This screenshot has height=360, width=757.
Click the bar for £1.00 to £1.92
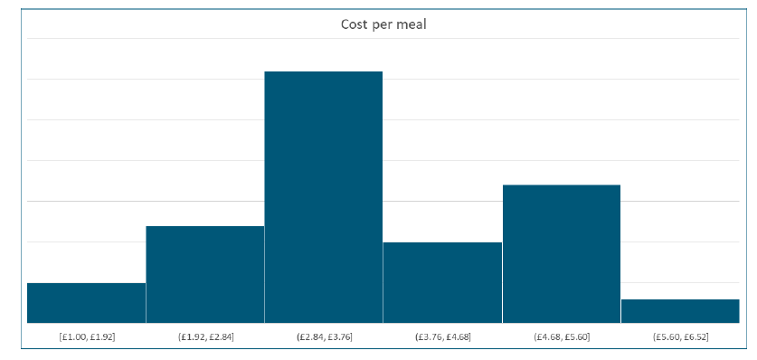86,303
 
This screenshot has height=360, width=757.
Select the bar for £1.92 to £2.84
205,274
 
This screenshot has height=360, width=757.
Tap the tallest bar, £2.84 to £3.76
324,196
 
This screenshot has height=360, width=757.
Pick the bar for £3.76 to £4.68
442,282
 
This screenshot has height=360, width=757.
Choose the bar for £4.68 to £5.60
561,253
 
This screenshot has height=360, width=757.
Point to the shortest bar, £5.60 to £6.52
680,311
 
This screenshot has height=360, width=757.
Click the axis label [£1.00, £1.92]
87,337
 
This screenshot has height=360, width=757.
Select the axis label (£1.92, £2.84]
205,337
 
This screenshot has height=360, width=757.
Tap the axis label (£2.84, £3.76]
324,337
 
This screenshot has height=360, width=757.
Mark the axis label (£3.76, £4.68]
442,337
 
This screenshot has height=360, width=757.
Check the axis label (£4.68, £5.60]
561,337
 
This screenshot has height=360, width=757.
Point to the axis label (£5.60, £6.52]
680,337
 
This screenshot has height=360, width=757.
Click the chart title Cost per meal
383,24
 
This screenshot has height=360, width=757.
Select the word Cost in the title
354,24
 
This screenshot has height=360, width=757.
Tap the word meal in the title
411,24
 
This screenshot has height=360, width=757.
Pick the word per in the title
382,25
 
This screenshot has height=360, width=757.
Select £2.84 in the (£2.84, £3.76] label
311,337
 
